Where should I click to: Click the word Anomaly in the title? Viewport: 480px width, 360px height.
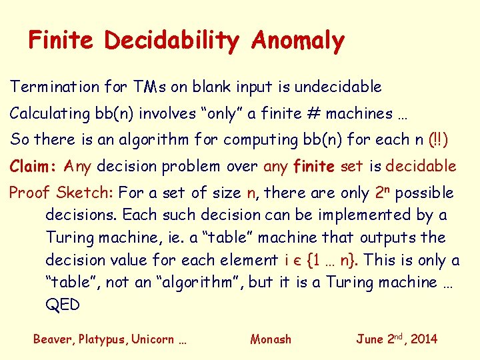point(298,41)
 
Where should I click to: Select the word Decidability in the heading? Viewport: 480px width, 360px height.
point(171,41)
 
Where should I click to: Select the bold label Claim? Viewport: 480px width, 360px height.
point(35,166)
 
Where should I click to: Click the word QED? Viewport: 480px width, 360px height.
point(63,305)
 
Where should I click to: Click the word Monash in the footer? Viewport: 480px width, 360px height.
point(271,339)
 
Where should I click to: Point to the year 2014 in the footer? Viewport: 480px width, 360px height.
point(423,339)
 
